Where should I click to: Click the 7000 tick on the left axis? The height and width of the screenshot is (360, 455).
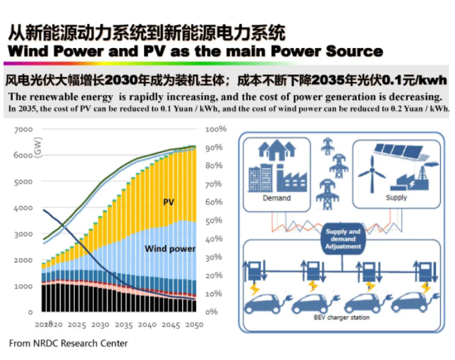[23, 129]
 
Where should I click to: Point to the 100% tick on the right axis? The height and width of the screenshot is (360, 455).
[216, 129]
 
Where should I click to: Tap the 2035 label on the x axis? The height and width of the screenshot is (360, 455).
[123, 325]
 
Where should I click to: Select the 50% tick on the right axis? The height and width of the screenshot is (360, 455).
[214, 221]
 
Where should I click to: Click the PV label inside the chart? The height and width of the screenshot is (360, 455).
[169, 202]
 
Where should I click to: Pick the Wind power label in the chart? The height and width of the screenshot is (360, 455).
[170, 248]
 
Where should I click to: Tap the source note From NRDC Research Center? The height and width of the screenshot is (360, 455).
[68, 343]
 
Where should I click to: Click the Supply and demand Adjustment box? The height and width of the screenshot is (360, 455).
[344, 239]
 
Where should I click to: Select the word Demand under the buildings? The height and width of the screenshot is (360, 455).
[277, 198]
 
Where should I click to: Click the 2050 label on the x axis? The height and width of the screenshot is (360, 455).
[194, 325]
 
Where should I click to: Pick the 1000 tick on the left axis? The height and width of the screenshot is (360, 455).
[23, 286]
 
